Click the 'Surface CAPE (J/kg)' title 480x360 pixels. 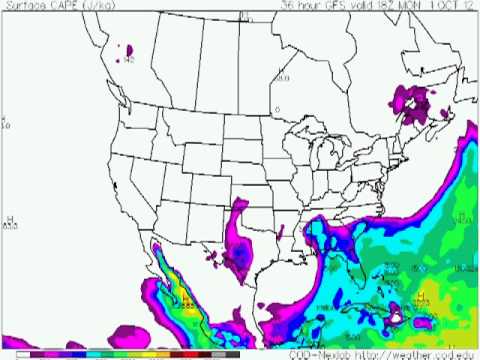(x=45, y=5)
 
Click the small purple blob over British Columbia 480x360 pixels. (x=129, y=49)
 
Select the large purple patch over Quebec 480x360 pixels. (x=414, y=100)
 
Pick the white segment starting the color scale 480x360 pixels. (x=23, y=354)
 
